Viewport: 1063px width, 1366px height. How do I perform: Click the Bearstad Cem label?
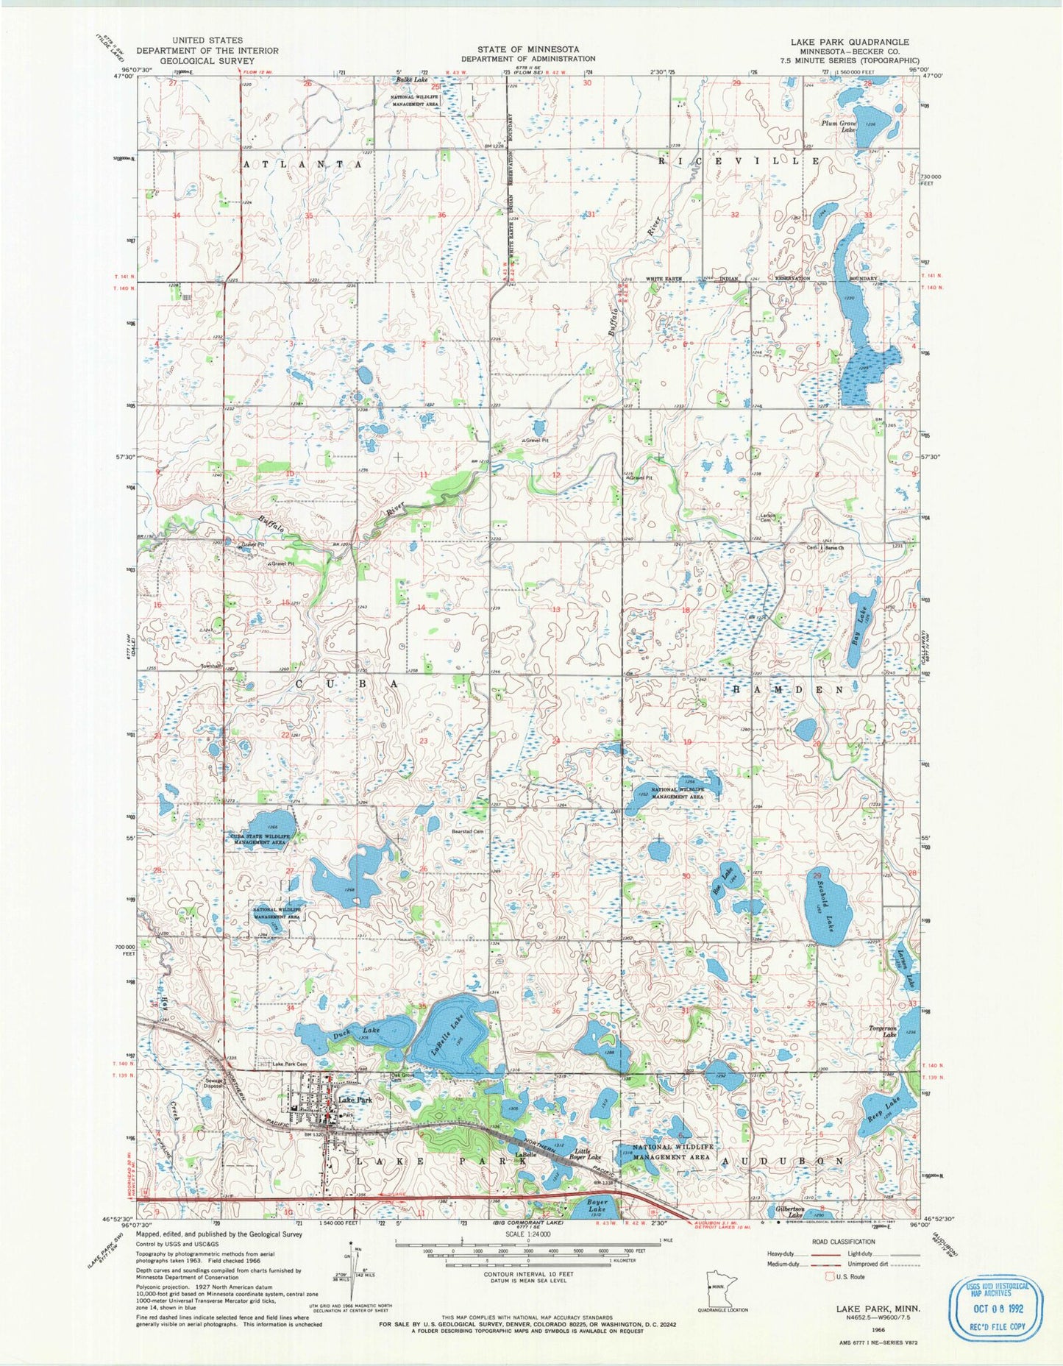point(467,831)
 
